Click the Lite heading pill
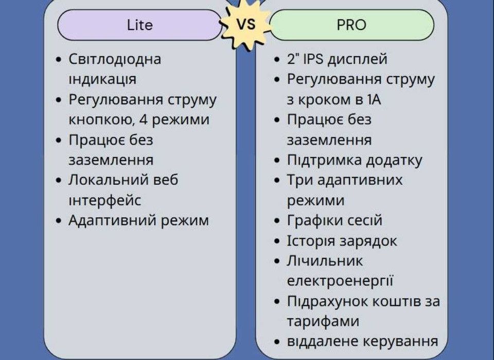click(x=140, y=25)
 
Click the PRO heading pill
click(x=351, y=25)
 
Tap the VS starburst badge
click(x=246, y=24)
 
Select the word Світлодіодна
click(x=115, y=59)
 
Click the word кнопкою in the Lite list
click(x=101, y=120)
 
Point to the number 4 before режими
click(x=144, y=119)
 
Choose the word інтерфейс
click(x=104, y=200)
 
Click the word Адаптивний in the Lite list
click(x=113, y=221)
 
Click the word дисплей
click(x=358, y=60)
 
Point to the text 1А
click(x=374, y=100)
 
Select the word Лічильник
click(x=325, y=261)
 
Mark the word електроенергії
click(x=340, y=281)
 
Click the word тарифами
click(x=323, y=321)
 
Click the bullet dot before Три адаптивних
click(x=277, y=181)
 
